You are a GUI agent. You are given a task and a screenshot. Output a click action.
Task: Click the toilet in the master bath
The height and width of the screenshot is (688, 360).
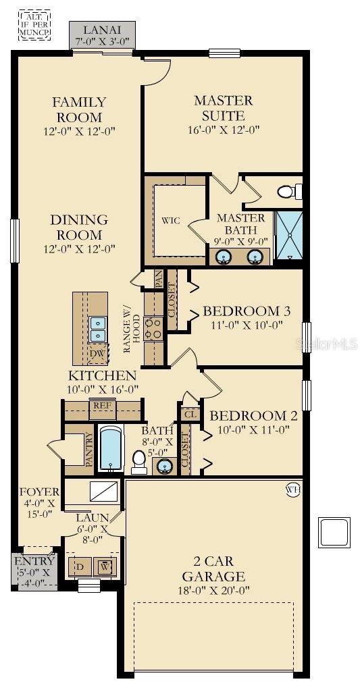289,191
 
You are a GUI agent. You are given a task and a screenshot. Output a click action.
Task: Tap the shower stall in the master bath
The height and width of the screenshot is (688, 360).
288,238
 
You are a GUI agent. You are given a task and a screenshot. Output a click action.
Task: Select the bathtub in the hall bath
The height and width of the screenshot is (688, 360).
110,448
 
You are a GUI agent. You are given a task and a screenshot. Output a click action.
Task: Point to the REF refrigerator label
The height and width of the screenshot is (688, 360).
102,405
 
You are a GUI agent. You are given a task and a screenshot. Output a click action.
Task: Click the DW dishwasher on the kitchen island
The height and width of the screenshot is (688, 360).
97,352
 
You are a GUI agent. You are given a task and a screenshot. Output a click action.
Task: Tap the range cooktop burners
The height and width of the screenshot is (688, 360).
154,329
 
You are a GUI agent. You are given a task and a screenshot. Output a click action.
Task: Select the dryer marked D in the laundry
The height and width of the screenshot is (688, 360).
80,566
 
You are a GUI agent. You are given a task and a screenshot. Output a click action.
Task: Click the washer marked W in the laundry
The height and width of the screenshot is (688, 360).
105,566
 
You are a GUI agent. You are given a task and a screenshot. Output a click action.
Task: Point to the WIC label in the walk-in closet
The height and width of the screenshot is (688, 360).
170,221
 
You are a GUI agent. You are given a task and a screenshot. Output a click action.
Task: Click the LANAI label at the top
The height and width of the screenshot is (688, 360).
102,30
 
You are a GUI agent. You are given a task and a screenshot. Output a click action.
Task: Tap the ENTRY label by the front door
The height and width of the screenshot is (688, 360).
34,561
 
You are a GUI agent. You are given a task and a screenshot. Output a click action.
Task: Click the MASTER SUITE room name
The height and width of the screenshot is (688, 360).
224,107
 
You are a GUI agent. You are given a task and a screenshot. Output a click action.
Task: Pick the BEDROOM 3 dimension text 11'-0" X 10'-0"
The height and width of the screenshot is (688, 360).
246,325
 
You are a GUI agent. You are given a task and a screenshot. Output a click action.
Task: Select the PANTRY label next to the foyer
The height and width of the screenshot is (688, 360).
89,450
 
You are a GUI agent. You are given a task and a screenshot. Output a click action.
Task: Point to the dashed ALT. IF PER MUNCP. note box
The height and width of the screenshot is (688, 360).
34,25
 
